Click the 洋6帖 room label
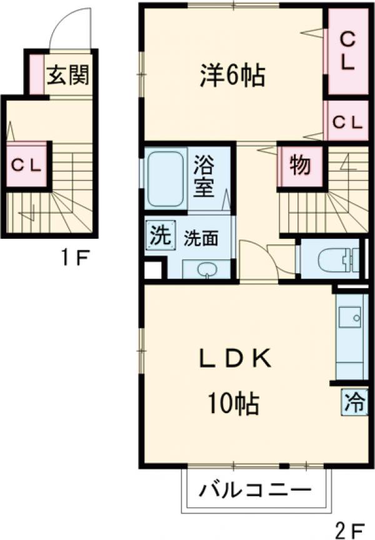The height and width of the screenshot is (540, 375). (x=232, y=76)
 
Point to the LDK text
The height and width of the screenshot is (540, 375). (x=235, y=360)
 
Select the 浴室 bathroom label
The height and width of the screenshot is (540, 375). (x=203, y=177)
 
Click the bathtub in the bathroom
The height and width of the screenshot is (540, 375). (x=167, y=177)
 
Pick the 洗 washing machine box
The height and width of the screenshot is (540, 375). (x=158, y=236)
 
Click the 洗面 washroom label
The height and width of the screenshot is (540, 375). (x=201, y=238)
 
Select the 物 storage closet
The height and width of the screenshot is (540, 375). (x=299, y=166)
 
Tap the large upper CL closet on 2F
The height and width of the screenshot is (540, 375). (x=349, y=51)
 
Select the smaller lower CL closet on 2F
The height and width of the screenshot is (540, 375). (x=347, y=122)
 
